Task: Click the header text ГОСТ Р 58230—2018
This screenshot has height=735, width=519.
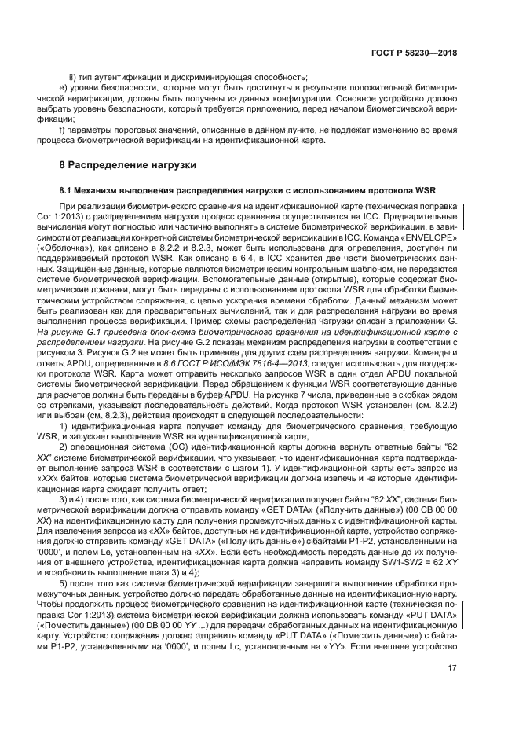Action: pyautogui.click(x=414, y=53)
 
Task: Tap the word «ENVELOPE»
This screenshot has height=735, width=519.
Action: pyautogui.click(x=426, y=237)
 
